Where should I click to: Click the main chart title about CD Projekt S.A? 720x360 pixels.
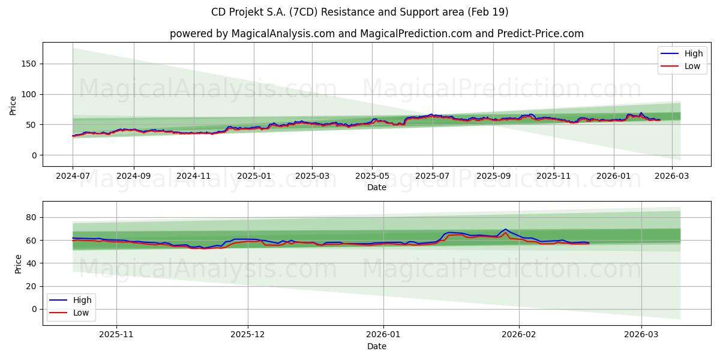(x=359, y=12)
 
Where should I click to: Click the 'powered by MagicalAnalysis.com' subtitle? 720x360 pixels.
(x=376, y=34)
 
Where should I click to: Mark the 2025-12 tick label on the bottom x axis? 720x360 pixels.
(x=248, y=335)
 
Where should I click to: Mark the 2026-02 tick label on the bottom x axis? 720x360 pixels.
(x=519, y=335)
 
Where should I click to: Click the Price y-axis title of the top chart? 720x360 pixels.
(x=13, y=104)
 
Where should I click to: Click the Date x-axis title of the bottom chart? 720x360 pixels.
(x=376, y=346)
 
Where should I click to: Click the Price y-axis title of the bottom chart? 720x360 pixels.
(x=18, y=263)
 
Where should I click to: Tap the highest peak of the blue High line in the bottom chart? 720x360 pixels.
(x=505, y=229)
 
